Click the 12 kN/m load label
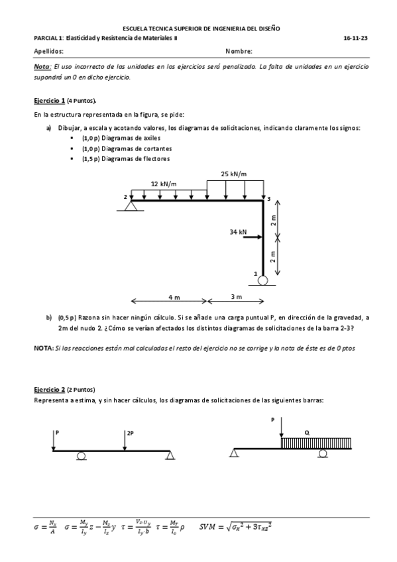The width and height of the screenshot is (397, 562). (163, 184)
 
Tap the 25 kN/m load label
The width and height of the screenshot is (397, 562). (234, 174)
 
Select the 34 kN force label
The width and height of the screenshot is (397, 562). (238, 232)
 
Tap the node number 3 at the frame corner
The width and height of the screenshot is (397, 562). (269, 198)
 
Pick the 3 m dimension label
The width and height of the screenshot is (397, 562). (237, 296)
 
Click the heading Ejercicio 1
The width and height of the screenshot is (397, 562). (49, 100)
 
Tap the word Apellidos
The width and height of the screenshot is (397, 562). (48, 51)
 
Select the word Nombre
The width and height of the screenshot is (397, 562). (239, 51)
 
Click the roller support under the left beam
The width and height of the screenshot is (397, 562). (81, 455)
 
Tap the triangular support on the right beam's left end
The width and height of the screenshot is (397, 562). (233, 453)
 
